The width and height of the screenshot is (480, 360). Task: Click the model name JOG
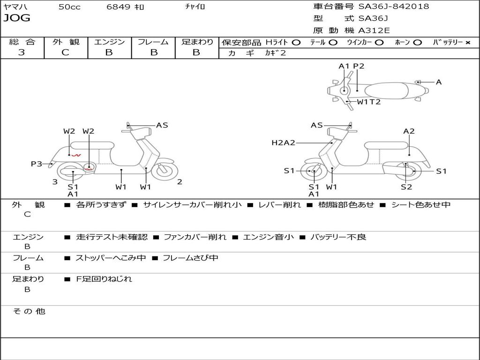17,18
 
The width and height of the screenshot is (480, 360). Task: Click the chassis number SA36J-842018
394,7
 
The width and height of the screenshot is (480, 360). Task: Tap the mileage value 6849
118,7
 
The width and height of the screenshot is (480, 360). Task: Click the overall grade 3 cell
22,52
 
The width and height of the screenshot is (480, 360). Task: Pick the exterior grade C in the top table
65,52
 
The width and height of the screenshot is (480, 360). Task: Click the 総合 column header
22,42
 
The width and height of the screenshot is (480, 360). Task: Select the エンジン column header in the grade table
109,42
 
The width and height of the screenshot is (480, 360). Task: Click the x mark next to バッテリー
467,42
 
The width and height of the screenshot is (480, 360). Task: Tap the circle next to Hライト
296,42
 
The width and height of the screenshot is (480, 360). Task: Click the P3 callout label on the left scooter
37,164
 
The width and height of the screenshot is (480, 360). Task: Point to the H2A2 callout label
283,142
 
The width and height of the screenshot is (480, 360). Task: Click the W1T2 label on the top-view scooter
368,101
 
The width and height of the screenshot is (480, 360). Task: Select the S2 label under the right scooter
406,187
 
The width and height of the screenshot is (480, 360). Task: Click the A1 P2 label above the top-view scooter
351,66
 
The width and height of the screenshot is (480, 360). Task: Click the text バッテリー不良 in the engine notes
338,237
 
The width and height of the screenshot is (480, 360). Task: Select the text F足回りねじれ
104,279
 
